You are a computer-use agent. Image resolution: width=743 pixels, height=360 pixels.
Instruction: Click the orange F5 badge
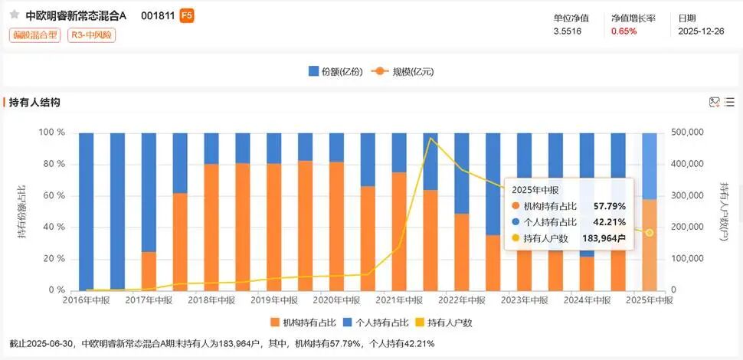(186, 15)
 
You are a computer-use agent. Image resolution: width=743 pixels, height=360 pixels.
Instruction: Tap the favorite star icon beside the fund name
(15, 15)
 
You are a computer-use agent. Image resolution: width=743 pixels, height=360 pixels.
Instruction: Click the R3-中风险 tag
(91, 35)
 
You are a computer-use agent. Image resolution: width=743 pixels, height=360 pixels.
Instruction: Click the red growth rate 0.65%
(624, 31)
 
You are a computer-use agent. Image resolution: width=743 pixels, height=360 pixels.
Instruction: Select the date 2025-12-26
(701, 31)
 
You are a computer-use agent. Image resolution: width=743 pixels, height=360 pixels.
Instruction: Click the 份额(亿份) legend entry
(335, 71)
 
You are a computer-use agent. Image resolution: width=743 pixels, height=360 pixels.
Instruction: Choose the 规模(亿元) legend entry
(403, 71)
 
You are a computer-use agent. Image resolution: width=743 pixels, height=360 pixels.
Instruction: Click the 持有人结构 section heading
(34, 102)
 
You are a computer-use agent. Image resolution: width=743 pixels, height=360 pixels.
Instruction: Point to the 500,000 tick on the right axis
(687, 133)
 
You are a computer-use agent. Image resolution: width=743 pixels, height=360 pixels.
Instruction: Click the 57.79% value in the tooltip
(610, 206)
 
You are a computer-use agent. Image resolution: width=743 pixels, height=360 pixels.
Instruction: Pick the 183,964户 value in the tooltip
(604, 238)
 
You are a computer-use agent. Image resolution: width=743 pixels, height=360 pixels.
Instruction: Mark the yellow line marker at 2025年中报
(650, 233)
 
